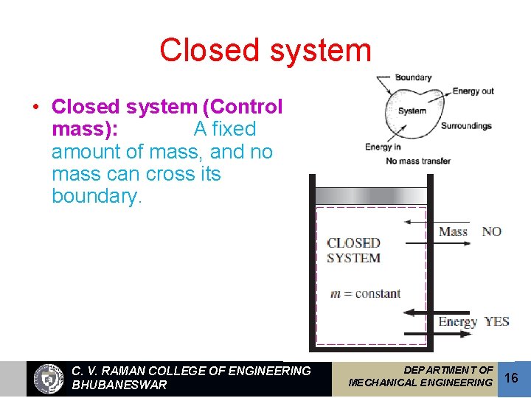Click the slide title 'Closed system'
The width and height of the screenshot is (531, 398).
pos(265,50)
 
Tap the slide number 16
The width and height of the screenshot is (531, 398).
pos(513,377)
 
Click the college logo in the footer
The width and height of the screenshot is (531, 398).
pos(49,379)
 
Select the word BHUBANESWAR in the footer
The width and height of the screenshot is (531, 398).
pos(119,385)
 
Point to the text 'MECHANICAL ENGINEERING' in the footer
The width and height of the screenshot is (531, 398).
pos(420,383)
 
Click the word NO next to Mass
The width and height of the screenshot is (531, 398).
pos(491,231)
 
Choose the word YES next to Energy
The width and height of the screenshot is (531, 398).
pos(497,321)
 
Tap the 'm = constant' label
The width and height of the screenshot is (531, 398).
pos(365,293)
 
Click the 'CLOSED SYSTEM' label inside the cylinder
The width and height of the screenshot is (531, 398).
pos(354,250)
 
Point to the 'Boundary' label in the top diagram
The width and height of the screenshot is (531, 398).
pos(413,77)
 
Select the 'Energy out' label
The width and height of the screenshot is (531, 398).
pos(473,91)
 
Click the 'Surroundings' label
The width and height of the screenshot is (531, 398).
pos(466,126)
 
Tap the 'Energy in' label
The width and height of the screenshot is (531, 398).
pos(383,147)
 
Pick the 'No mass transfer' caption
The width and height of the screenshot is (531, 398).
pos(417,161)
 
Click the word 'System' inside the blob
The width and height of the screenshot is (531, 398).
pos(412,111)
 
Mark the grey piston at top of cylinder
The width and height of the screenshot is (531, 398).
pos(371,195)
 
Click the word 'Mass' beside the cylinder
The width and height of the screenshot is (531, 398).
pos(454,231)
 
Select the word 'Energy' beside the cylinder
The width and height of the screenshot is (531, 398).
pos(458,321)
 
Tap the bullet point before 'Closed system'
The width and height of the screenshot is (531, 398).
pos(35,108)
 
